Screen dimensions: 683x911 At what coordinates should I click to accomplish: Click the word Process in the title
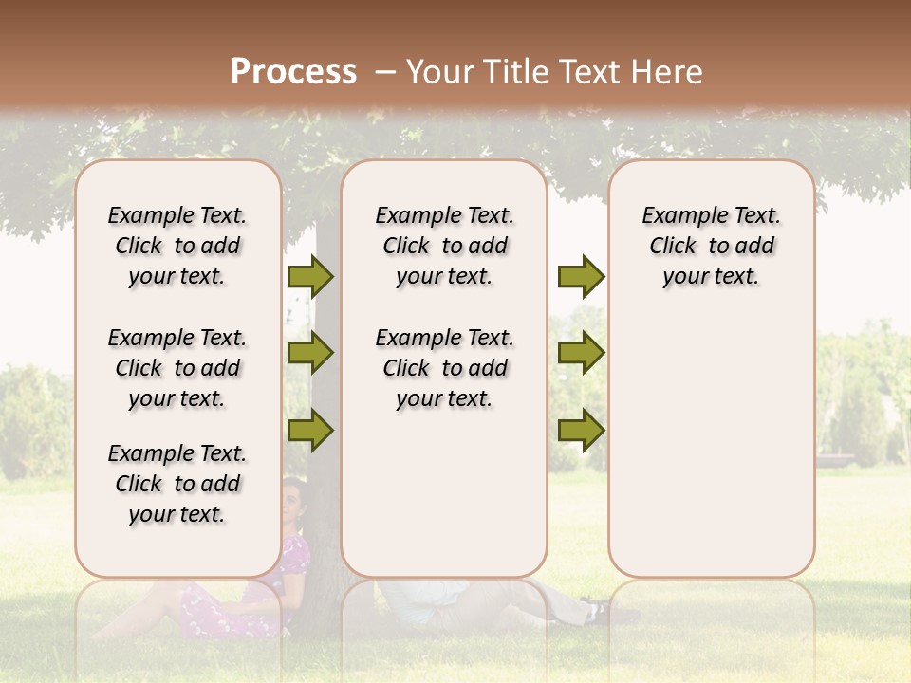pos(294,72)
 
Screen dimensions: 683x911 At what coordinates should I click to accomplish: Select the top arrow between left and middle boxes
pos(310,277)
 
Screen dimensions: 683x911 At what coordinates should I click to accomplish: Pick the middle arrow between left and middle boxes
pos(310,353)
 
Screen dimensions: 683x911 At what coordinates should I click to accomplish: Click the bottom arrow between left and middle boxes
pos(310,431)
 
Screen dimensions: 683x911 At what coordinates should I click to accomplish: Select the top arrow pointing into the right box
pos(581,277)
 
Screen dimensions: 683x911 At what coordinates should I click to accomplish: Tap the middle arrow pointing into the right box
pos(581,353)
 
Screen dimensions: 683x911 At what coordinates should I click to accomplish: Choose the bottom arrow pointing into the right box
pos(581,431)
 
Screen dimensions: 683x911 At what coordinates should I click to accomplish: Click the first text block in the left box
pos(177,247)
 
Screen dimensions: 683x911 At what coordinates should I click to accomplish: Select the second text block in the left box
pos(177,368)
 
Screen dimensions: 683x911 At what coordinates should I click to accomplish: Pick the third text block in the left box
pos(177,484)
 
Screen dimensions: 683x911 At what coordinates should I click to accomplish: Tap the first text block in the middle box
pos(444,247)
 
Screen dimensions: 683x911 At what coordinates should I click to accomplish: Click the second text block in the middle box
pos(444,368)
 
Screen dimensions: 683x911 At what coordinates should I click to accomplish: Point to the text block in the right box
pos(711,247)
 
